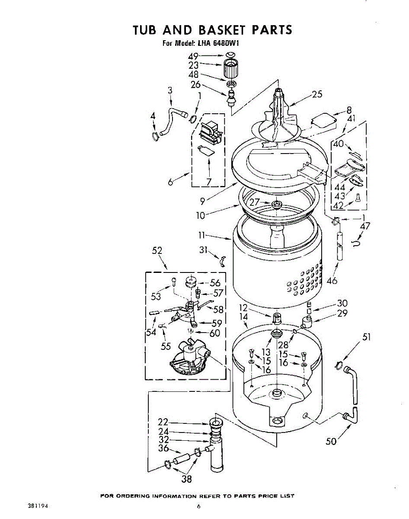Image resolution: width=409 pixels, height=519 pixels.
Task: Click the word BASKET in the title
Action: coord(219,30)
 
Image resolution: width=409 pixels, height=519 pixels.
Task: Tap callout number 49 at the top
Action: coord(193,56)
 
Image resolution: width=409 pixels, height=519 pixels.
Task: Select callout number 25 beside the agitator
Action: coord(317,94)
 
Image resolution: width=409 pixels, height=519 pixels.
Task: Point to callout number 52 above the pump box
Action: coord(157,251)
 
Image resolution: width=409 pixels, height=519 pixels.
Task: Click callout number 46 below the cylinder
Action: coord(332,281)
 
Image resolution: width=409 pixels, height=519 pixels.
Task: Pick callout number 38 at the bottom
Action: coord(187,478)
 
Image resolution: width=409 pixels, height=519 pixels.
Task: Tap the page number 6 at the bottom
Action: coord(198,506)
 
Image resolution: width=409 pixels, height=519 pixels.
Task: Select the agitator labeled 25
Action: coord(279,112)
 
